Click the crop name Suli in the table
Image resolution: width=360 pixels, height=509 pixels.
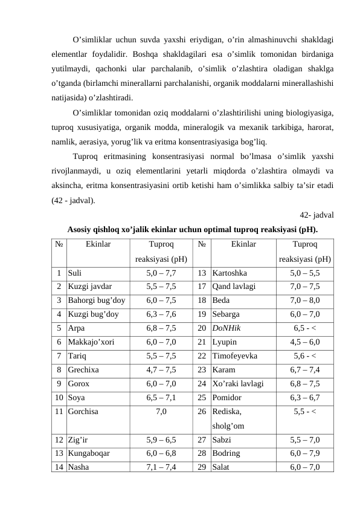[75, 273]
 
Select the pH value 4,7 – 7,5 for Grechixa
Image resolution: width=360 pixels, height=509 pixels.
[161, 370]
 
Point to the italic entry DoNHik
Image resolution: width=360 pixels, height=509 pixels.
[227, 329]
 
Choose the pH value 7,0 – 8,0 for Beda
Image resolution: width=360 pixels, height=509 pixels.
[305, 301]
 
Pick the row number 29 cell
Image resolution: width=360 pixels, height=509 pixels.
[202, 467]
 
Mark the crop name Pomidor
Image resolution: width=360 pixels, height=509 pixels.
[227, 398]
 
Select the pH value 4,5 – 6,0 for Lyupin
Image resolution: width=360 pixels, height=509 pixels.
[305, 342]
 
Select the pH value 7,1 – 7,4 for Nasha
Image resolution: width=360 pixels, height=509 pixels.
[161, 467]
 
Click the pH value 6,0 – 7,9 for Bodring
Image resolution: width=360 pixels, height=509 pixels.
[305, 453]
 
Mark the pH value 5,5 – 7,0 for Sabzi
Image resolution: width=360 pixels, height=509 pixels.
[305, 439]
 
